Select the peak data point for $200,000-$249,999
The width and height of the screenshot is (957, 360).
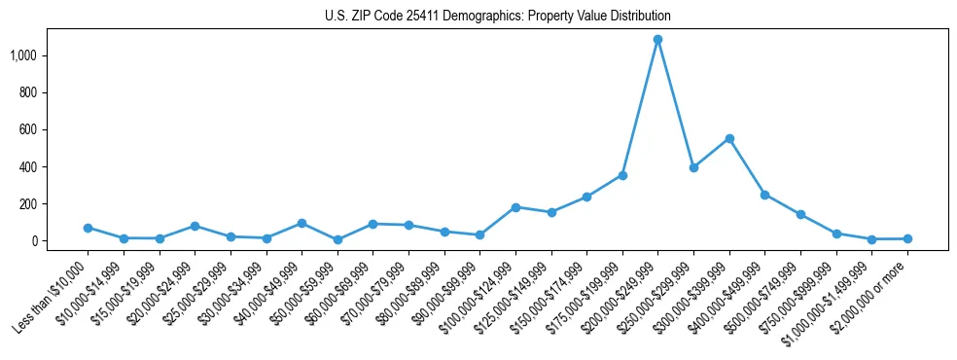tap(657, 40)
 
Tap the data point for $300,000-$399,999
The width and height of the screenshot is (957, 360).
tap(729, 138)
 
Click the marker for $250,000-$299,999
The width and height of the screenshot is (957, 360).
tap(693, 167)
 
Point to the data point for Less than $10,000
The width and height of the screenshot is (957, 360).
tap(88, 228)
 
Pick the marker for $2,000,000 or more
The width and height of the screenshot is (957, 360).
tap(907, 238)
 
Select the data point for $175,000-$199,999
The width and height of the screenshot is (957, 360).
tap(622, 175)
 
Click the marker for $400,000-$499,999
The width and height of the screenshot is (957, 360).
tap(764, 195)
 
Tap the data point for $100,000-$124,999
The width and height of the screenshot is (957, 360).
tap(515, 207)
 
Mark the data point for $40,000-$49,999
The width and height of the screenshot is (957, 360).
tap(301, 223)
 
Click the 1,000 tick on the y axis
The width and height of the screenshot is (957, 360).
tap(22, 55)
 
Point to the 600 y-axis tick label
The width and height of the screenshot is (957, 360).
tap(27, 129)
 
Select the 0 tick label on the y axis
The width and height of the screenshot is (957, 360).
tap(34, 240)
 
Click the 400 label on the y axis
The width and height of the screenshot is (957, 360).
tap(27, 166)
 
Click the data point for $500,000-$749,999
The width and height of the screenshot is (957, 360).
tap(800, 214)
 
